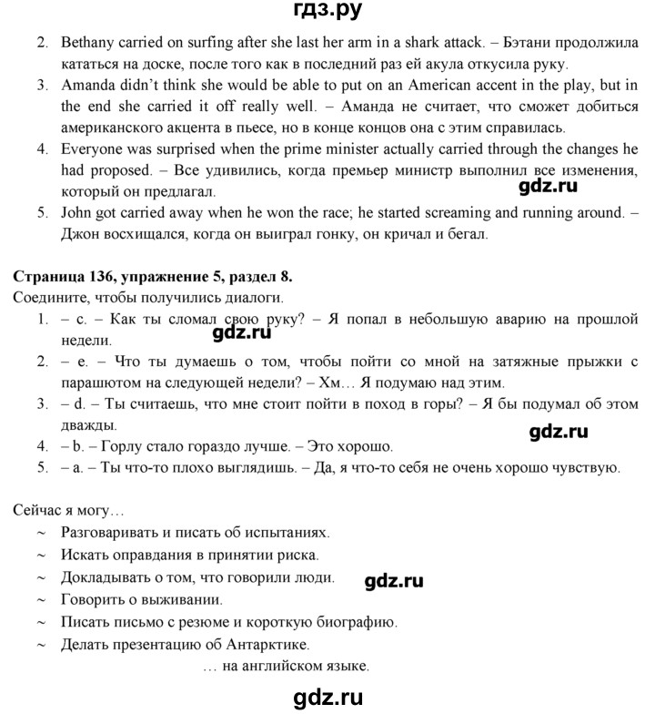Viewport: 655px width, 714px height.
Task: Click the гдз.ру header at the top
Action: click(x=328, y=13)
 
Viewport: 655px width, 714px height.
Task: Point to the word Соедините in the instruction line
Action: click(x=46, y=298)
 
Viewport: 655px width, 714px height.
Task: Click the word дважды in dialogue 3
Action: click(x=87, y=425)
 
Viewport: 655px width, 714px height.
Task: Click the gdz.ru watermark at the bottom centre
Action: click(x=327, y=698)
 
